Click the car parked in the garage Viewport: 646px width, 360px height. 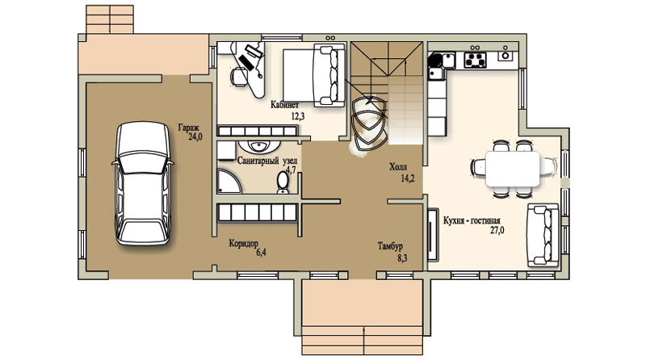coord(143,184)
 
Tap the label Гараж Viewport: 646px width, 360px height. coord(189,128)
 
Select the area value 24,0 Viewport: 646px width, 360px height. coord(195,136)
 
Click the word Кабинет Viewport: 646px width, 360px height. coord(285,105)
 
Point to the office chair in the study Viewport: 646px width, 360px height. coord(239,76)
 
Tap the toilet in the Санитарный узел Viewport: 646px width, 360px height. coord(283,182)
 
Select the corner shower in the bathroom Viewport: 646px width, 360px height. coord(229,181)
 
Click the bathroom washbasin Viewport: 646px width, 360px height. coord(259,146)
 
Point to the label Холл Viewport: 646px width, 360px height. coord(398,167)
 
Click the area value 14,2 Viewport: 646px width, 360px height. coord(408,178)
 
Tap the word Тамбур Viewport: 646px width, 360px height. coord(390,246)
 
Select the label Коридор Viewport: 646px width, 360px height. coord(244,244)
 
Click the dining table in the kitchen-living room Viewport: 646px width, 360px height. coord(513,169)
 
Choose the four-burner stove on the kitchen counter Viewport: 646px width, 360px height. coord(475,61)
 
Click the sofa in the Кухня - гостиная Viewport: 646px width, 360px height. coord(543,235)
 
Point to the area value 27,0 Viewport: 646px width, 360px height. coord(497,231)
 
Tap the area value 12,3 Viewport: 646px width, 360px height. coord(298,116)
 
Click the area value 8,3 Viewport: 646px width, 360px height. coord(402,258)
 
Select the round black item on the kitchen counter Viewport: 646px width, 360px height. coord(434,61)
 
